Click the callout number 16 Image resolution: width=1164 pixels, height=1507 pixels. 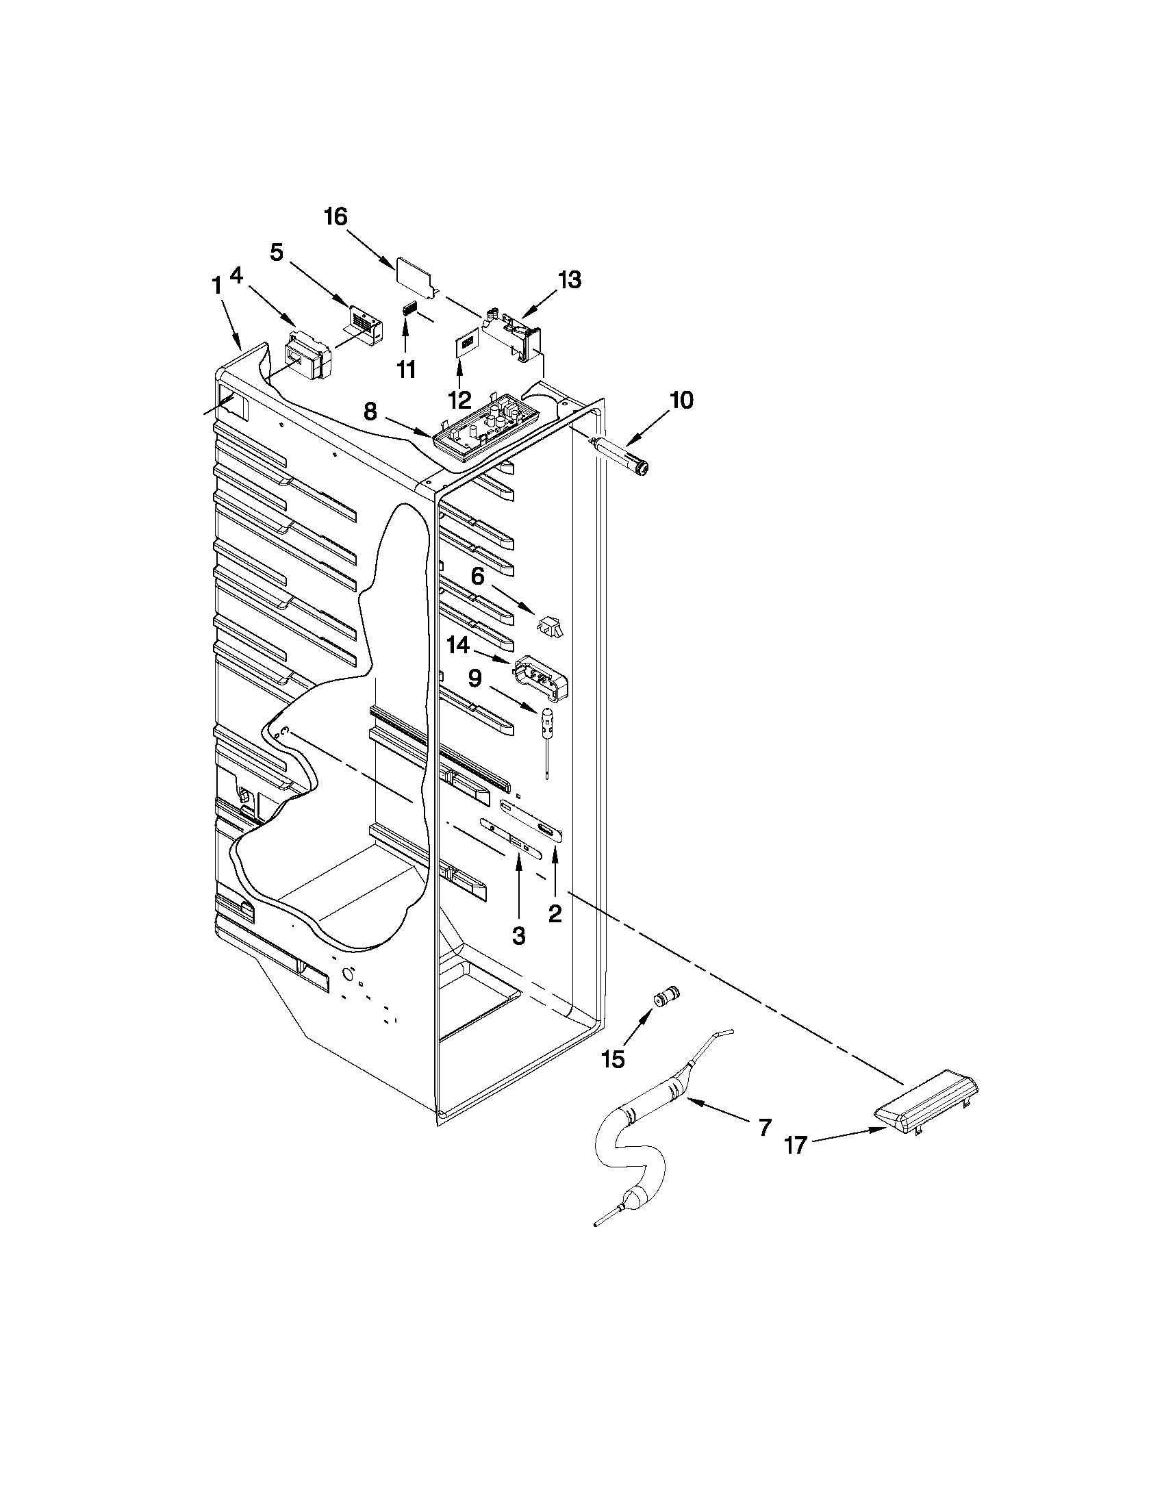(x=336, y=216)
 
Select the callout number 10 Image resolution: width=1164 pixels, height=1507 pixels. (x=681, y=401)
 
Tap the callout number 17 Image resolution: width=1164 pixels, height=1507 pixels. (x=795, y=1146)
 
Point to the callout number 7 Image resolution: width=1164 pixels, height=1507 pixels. (x=764, y=1128)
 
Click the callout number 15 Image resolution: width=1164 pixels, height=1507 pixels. (x=613, y=1059)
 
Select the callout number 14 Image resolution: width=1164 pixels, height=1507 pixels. (x=458, y=646)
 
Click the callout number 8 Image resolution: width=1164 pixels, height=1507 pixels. (x=370, y=412)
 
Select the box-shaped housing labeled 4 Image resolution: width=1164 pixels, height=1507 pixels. (x=308, y=356)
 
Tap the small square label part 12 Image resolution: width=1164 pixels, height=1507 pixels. (x=467, y=344)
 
